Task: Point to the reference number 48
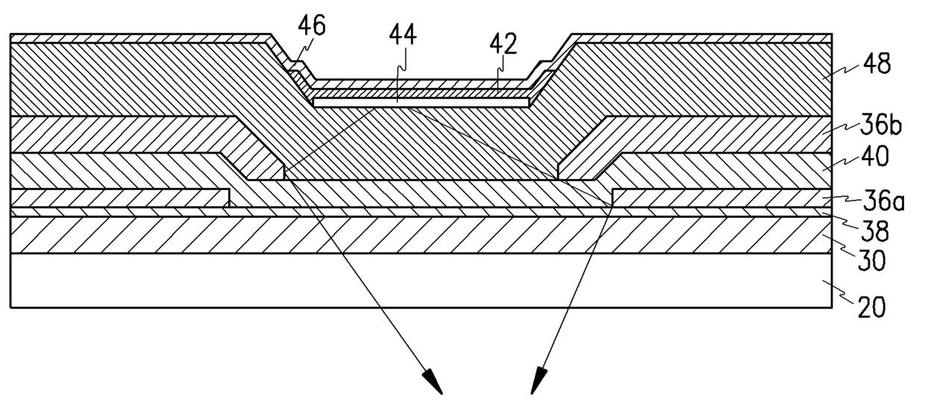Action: point(875,65)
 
